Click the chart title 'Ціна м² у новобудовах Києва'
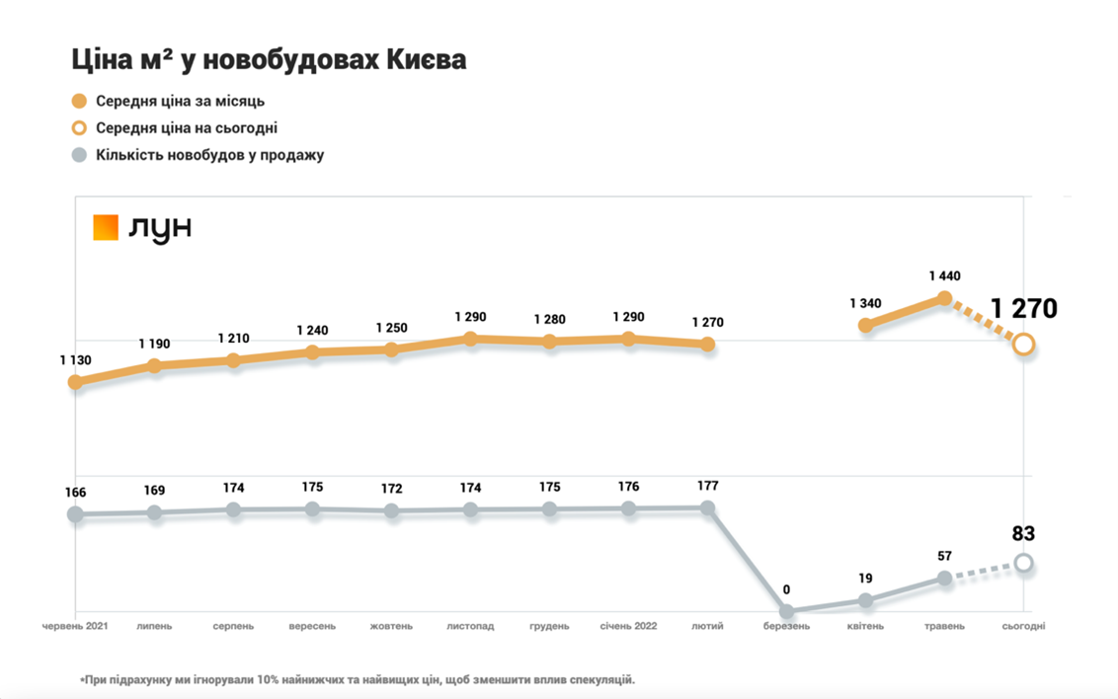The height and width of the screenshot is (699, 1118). click(x=269, y=60)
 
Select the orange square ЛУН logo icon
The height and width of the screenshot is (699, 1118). click(x=106, y=228)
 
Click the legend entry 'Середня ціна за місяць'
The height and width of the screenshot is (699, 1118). click(x=180, y=101)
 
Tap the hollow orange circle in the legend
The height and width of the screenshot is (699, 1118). click(x=80, y=127)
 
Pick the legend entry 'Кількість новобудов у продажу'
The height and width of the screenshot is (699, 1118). click(x=209, y=155)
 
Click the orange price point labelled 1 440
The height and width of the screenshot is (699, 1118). click(x=944, y=298)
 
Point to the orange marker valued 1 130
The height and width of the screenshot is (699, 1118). click(x=75, y=382)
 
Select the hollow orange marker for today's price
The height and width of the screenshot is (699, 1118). click(x=1024, y=344)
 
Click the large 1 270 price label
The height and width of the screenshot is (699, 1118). click(x=1024, y=309)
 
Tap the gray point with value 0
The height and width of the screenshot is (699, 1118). click(x=787, y=612)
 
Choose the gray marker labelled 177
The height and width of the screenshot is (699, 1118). click(x=707, y=507)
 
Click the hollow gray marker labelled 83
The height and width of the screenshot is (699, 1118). click(x=1024, y=563)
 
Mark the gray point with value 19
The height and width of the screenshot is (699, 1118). click(x=866, y=600)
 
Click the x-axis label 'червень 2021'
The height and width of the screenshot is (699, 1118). click(x=75, y=626)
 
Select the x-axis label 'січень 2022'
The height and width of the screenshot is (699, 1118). click(x=628, y=626)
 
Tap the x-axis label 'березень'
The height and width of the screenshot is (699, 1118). click(x=787, y=626)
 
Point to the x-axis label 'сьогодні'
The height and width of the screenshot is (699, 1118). click(x=1023, y=626)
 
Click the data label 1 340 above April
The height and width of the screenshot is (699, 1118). click(x=866, y=303)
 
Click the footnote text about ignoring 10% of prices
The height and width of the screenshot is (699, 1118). click(x=358, y=679)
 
